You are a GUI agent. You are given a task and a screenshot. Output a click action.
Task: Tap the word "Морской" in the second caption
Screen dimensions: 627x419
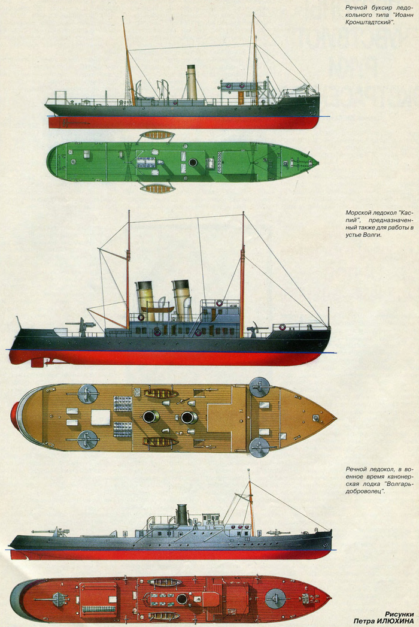[x=360, y=213]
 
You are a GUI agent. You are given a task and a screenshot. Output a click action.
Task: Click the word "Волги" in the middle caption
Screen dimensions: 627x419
[x=371, y=234]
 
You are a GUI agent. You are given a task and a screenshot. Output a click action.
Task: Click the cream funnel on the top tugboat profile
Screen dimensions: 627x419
[x=192, y=83]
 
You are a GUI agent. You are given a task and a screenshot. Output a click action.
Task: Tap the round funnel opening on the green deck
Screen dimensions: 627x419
[x=193, y=162]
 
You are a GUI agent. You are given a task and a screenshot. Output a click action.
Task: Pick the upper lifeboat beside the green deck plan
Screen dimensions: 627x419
[x=157, y=135]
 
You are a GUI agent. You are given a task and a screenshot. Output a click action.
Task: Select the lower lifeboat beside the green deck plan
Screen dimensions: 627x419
[x=157, y=189]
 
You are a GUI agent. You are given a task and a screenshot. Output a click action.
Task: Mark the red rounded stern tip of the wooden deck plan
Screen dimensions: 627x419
[x=14, y=415]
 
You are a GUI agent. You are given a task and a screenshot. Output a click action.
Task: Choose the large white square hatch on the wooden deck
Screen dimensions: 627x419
[x=100, y=417]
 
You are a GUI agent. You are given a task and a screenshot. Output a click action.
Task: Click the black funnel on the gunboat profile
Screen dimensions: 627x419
[x=182, y=514]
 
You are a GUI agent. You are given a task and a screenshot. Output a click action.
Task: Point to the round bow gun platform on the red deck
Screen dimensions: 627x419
[x=276, y=597]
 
